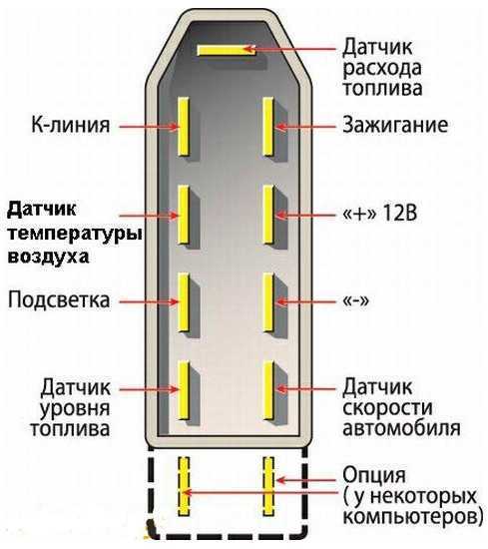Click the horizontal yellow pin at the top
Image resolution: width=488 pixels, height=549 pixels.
[227, 50]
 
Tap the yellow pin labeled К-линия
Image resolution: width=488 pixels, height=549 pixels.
[184, 127]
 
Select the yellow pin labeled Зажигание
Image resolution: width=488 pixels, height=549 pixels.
[268, 126]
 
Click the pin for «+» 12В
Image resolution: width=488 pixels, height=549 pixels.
[268, 214]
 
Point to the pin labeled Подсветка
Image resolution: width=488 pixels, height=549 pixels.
[184, 302]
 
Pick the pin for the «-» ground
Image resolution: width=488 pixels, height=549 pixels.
[268, 301]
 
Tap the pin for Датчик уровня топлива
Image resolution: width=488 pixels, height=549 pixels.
[184, 390]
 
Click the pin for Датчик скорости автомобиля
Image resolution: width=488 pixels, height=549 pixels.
[268, 390]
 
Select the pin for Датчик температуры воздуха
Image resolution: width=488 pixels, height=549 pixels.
[184, 215]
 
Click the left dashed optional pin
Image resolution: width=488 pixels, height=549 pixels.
[184, 486]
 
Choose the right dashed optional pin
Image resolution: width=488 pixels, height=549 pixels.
[268, 486]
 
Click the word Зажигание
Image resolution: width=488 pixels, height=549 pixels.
[395, 125]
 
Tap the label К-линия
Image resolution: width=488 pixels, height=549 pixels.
[71, 125]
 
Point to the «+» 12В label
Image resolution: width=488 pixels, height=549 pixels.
[380, 213]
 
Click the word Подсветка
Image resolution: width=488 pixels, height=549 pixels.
[59, 300]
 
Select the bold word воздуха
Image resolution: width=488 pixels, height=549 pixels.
[48, 257]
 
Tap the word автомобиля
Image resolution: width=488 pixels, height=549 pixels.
[401, 428]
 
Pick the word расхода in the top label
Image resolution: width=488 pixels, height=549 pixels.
[382, 69]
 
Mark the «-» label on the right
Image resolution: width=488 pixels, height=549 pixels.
[355, 301]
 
